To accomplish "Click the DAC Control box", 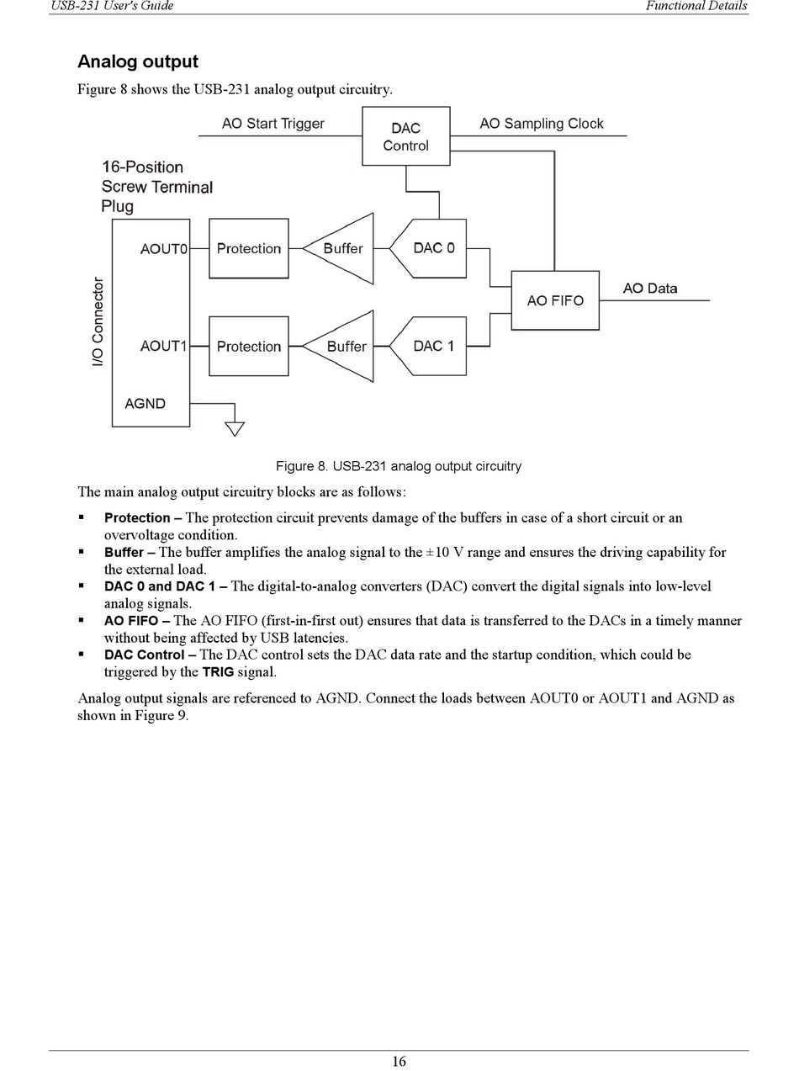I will click(405, 136).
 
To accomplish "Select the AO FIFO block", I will click(554, 300).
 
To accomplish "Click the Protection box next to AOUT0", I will click(248, 248).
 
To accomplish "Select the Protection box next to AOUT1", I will click(248, 346).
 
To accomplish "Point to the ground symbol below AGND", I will click(235, 427).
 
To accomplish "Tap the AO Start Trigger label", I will click(273, 124).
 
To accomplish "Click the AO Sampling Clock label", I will click(541, 124).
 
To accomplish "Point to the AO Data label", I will click(649, 289).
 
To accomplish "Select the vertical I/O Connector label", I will click(98, 321).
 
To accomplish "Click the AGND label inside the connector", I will click(145, 404).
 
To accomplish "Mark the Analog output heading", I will click(138, 61).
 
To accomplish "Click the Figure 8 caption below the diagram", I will click(399, 466).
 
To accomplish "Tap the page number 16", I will click(399, 1061).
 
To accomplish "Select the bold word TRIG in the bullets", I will click(218, 672).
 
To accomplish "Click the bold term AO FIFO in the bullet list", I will click(130, 621).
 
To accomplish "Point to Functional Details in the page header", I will click(696, 6).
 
